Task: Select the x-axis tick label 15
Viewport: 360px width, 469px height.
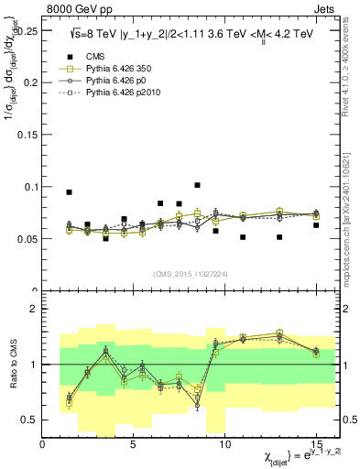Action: (315, 443)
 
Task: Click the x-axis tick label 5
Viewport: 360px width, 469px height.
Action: (134, 443)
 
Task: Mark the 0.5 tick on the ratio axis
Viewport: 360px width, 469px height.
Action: (28, 420)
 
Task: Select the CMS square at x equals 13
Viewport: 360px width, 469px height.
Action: (279, 237)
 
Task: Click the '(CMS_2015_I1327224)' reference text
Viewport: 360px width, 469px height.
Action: (191, 273)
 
